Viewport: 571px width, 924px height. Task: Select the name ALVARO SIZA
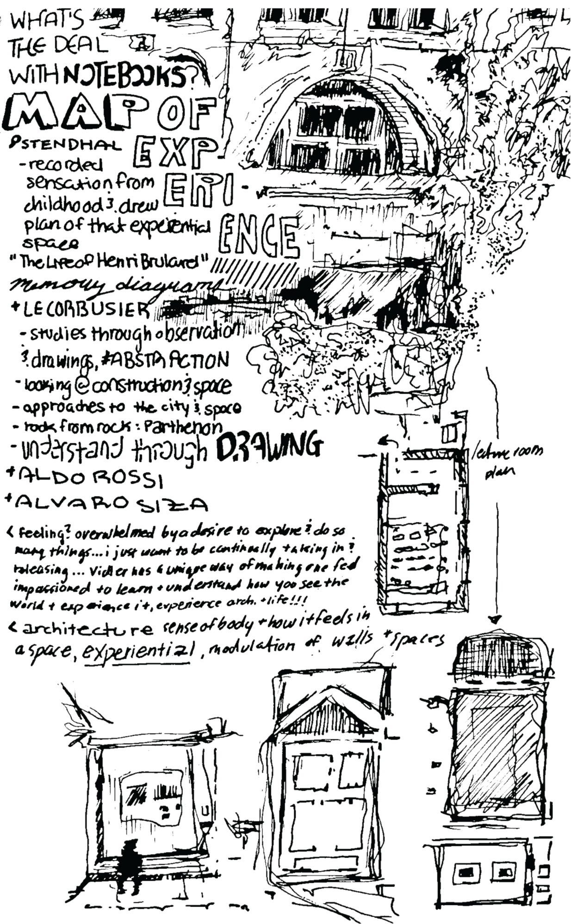click(106, 504)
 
